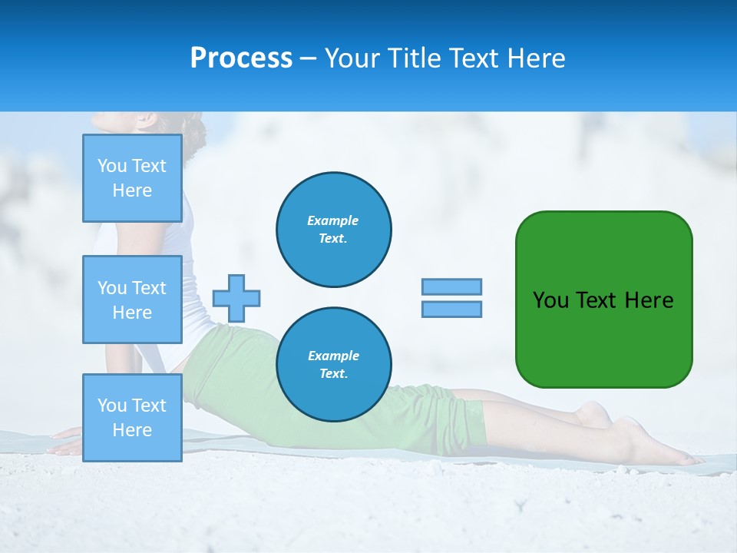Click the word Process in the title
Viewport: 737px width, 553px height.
pyautogui.click(x=241, y=58)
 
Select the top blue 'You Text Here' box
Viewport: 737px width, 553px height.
pyautogui.click(x=132, y=178)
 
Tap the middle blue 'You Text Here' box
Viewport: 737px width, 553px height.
pyautogui.click(x=132, y=300)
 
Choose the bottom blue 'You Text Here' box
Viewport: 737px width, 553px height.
pyautogui.click(x=132, y=417)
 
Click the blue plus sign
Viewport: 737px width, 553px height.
pyautogui.click(x=236, y=298)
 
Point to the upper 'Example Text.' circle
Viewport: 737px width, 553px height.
pyautogui.click(x=334, y=230)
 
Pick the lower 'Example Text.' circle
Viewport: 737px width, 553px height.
pyautogui.click(x=334, y=365)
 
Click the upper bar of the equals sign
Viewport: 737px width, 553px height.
pyautogui.click(x=451, y=287)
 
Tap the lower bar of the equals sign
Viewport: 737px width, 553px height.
pyautogui.click(x=451, y=309)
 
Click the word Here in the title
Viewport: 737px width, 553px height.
pyautogui.click(x=535, y=58)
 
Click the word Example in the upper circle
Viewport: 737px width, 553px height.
pyautogui.click(x=333, y=220)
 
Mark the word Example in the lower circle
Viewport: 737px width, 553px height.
pyautogui.click(x=333, y=356)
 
